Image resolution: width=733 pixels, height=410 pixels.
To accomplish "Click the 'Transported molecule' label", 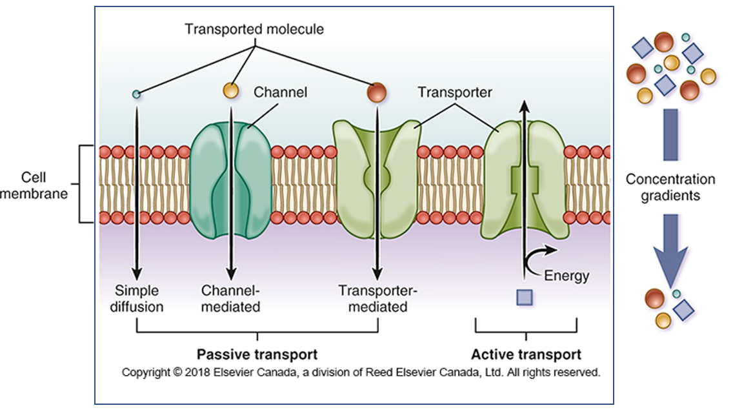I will click(x=254, y=29).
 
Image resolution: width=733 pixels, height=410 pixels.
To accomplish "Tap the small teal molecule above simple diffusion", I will click(x=136, y=94).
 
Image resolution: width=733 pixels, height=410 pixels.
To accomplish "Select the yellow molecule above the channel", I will click(x=230, y=90).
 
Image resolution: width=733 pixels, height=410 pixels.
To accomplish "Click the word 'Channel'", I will click(x=280, y=92).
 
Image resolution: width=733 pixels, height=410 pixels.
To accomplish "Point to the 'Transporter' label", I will click(x=454, y=92).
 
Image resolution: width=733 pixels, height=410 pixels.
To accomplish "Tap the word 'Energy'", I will click(x=567, y=276).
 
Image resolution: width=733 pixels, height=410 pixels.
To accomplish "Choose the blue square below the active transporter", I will click(x=525, y=297).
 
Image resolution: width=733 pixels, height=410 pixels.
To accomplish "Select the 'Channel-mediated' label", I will click(x=230, y=298).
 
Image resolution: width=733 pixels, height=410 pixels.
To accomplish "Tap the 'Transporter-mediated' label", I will click(x=377, y=298).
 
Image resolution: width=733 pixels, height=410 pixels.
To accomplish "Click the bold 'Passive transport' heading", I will click(x=257, y=354).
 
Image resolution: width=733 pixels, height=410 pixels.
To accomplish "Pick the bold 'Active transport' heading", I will click(x=526, y=354).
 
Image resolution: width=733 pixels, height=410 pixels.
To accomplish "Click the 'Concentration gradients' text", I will click(x=670, y=187).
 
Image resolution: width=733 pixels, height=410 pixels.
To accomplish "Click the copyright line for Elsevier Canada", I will click(x=361, y=372).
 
